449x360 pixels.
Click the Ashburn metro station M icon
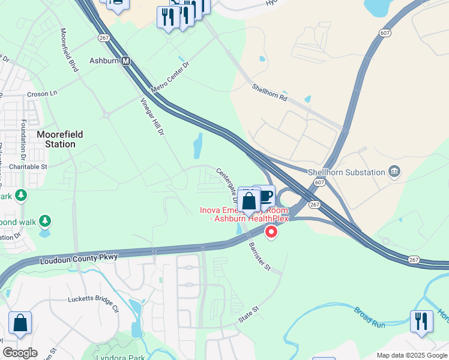click(126, 61)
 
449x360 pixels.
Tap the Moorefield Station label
click(59, 139)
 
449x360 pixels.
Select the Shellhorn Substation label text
click(346, 172)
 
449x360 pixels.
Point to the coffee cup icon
click(265, 195)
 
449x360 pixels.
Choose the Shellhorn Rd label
click(270, 94)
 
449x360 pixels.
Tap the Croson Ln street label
click(41, 94)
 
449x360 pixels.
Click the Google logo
click(19, 353)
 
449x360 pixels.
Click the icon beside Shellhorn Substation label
click(394, 172)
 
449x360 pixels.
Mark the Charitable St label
click(26, 166)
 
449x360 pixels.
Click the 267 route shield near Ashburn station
click(103, 37)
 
